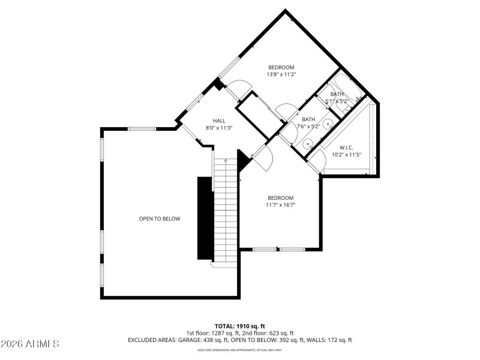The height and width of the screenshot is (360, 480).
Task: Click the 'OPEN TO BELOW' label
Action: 160,219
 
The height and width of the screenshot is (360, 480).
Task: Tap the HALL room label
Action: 219,121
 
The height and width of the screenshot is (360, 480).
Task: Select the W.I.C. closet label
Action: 346,147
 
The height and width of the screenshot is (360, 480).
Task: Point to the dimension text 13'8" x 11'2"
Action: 281,74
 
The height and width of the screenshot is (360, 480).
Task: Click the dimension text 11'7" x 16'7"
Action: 280,205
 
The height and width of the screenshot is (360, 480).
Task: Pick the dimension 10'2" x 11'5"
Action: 346,155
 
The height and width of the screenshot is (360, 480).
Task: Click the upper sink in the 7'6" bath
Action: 328,125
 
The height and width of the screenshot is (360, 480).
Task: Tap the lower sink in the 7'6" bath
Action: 308,143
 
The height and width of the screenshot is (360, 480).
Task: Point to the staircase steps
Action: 226,210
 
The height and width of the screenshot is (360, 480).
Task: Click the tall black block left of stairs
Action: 205,218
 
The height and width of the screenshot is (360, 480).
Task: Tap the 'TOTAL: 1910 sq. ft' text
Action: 240,326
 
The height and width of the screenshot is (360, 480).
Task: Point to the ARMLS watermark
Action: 30,344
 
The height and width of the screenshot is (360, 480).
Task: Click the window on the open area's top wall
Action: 142,128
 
